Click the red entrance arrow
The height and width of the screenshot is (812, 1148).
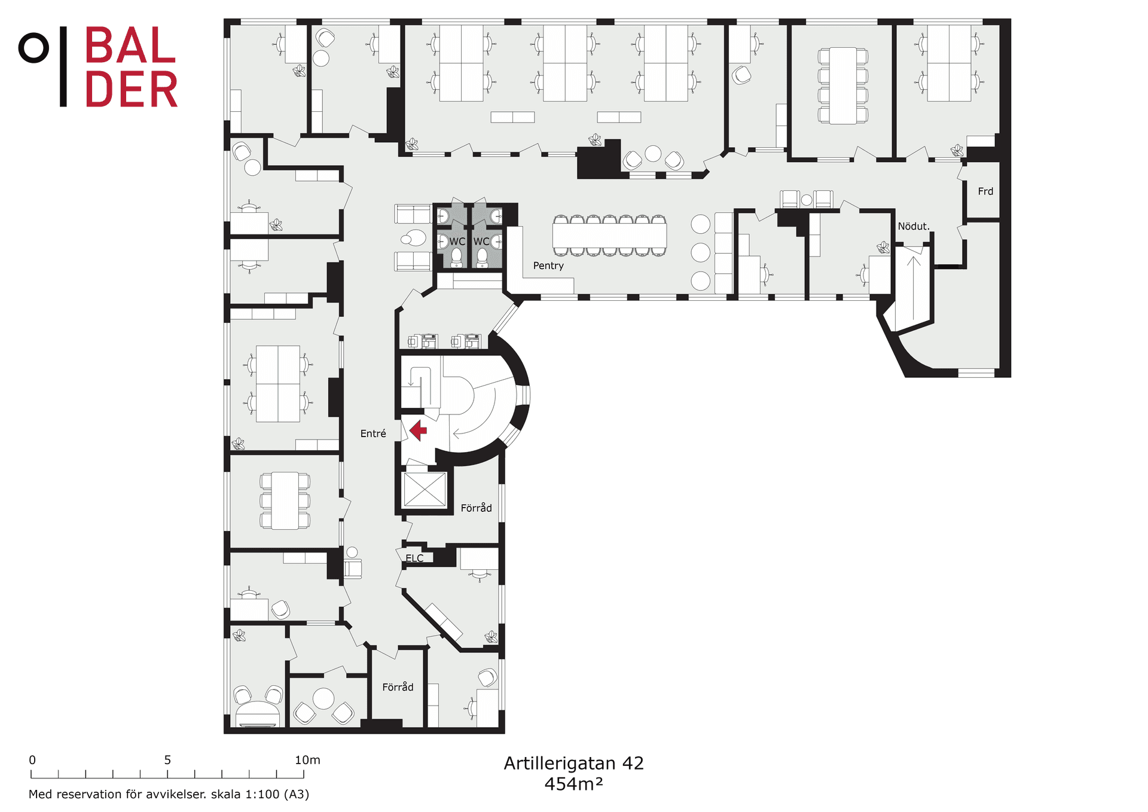(418, 431)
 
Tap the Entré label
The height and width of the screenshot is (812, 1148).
(373, 434)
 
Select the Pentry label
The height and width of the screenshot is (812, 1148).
(548, 265)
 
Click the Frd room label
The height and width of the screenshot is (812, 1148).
(985, 191)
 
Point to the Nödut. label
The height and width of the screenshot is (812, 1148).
(914, 226)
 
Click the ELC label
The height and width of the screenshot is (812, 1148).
(414, 558)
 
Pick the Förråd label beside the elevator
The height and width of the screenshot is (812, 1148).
(476, 508)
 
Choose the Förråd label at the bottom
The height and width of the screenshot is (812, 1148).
(398, 687)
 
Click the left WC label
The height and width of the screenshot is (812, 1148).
(457, 242)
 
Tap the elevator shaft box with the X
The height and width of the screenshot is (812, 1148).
(425, 490)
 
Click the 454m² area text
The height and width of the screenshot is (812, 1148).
(573, 784)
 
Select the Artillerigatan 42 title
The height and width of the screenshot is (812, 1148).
(573, 763)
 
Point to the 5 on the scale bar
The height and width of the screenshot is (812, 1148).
(167, 760)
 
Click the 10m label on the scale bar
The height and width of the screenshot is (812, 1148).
(307, 760)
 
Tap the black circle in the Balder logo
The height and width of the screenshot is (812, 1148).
(33, 48)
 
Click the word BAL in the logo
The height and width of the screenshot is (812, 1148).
(130, 45)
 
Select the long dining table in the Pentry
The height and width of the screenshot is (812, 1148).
(609, 235)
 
